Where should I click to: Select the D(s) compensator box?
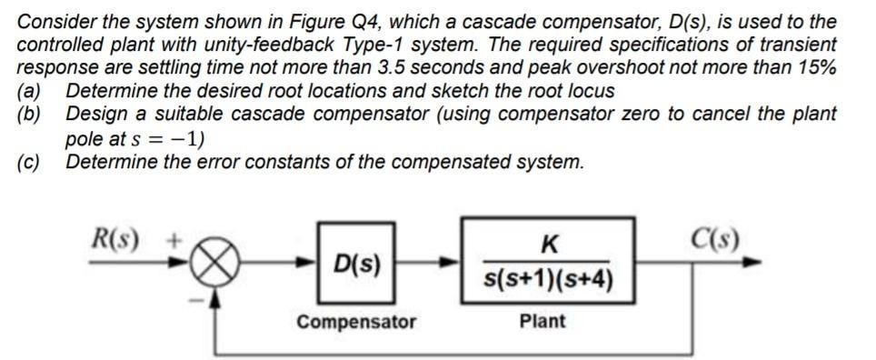[356, 265]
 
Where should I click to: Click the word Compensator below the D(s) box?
[356, 321]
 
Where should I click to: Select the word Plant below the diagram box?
[543, 321]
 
